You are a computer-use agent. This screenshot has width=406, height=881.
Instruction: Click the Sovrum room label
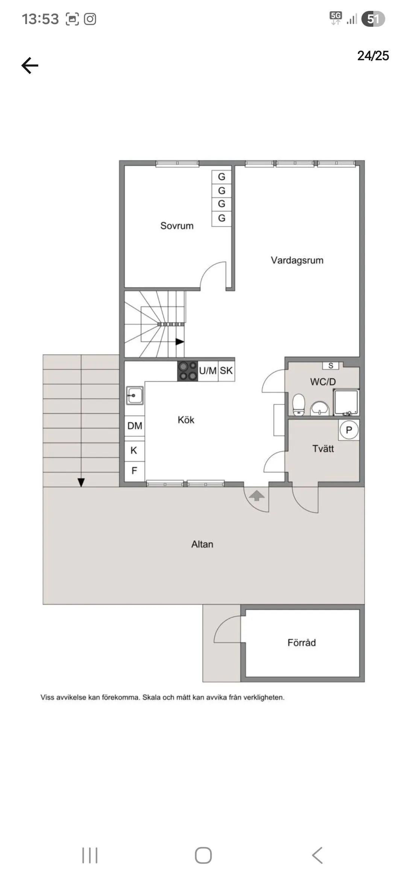pyautogui.click(x=177, y=226)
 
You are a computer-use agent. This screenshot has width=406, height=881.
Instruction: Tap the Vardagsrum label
pyautogui.click(x=297, y=260)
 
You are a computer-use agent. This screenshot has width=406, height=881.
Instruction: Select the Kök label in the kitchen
pyautogui.click(x=186, y=420)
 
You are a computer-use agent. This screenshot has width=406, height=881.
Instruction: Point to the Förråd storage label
pyautogui.click(x=301, y=643)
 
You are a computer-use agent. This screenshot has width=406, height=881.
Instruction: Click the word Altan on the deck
pyautogui.click(x=202, y=544)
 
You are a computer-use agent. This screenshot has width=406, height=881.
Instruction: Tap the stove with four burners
pyautogui.click(x=188, y=371)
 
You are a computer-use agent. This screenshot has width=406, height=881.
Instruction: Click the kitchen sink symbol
pyautogui.click(x=135, y=396)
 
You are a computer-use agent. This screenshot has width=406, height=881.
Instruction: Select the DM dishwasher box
pyautogui.click(x=135, y=426)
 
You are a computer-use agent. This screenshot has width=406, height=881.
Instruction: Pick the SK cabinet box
pyautogui.click(x=226, y=371)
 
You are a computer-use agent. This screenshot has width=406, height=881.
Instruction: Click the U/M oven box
pyautogui.click(x=208, y=371)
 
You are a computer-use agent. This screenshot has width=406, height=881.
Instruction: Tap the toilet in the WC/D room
pyautogui.click(x=298, y=405)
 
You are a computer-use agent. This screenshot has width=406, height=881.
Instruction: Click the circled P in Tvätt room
pyautogui.click(x=349, y=430)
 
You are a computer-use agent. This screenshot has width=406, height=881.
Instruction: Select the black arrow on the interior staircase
pyautogui.click(x=180, y=342)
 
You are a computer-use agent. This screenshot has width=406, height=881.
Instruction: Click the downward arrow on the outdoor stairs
pyautogui.click(x=81, y=482)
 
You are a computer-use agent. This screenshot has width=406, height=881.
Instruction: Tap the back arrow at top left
pyautogui.click(x=30, y=66)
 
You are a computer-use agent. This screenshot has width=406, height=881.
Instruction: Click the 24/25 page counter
pyautogui.click(x=373, y=56)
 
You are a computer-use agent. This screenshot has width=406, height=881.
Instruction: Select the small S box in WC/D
pyautogui.click(x=331, y=366)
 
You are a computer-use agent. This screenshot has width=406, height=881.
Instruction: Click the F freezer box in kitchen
pyautogui.click(x=134, y=471)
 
